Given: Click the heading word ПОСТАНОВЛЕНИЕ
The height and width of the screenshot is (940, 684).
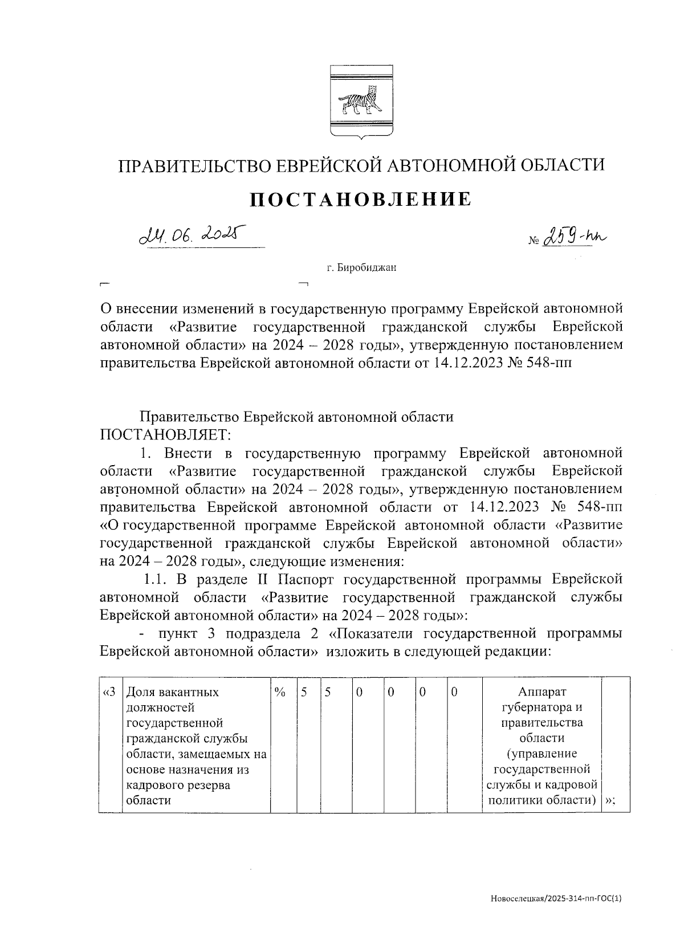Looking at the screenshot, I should (361, 199).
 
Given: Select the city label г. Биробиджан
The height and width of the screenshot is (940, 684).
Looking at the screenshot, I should (361, 267).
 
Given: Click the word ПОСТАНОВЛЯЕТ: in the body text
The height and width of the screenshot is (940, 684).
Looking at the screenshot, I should (166, 435).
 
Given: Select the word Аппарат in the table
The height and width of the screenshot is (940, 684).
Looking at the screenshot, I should (542, 692).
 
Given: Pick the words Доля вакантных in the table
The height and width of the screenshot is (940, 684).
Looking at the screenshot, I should (172, 693).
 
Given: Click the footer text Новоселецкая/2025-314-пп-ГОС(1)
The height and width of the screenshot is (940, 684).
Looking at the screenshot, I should (556, 899).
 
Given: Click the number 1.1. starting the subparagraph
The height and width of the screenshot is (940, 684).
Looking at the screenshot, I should (154, 580).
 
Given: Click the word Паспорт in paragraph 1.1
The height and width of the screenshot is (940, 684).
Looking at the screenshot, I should (309, 580).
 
